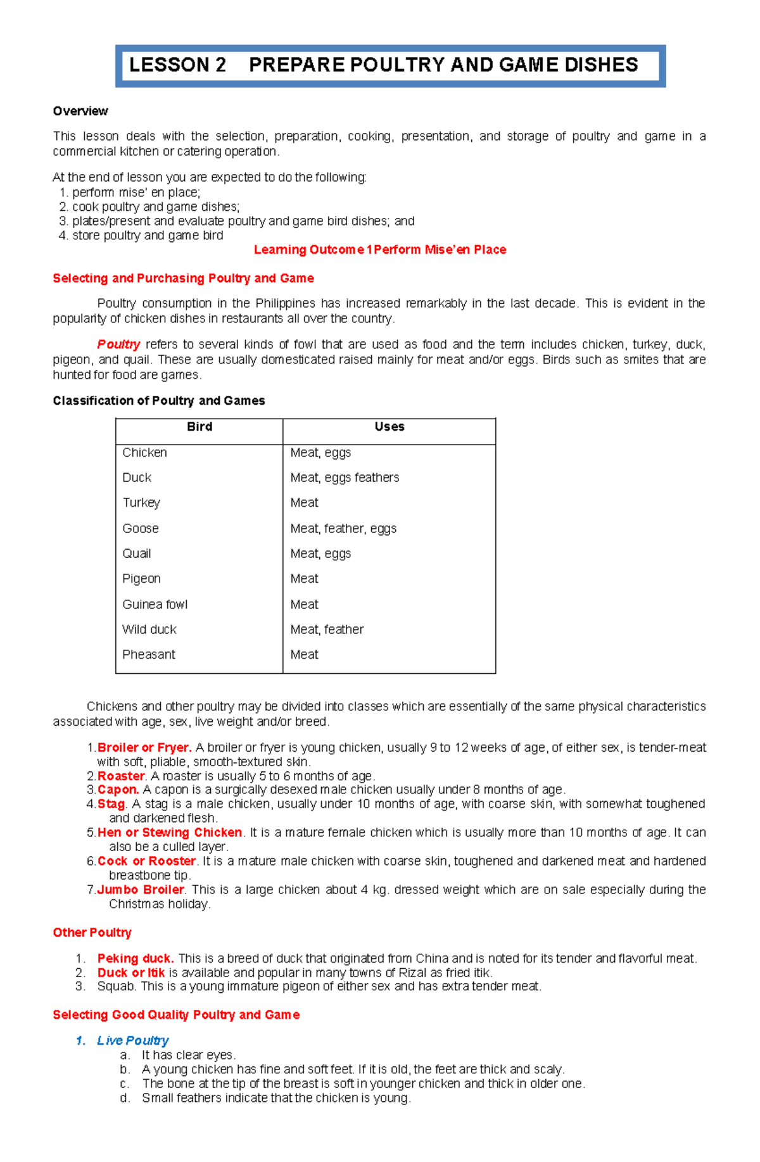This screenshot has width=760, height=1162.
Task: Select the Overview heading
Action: point(80,111)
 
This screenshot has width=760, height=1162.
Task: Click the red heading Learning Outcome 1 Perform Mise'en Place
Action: point(380,250)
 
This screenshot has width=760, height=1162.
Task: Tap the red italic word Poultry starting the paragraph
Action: point(118,344)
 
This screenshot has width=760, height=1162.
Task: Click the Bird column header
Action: point(199,427)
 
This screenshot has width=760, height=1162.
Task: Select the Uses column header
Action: point(389,427)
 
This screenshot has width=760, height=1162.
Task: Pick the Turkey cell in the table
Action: point(141,503)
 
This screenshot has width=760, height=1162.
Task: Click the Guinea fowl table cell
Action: point(155,605)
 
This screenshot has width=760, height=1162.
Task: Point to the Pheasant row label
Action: point(149,655)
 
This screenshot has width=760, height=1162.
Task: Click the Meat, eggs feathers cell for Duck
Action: point(345,478)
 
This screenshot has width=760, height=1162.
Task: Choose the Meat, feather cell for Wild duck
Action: point(327,630)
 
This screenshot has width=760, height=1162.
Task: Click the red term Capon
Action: point(118,790)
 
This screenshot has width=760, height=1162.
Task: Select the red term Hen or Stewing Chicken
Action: point(170,833)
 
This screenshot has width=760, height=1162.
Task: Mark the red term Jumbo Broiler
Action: point(141,890)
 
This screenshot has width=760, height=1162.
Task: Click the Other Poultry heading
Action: point(92,933)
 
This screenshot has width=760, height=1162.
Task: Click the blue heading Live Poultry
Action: point(132,1041)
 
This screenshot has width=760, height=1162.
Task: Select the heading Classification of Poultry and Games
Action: point(159,401)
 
